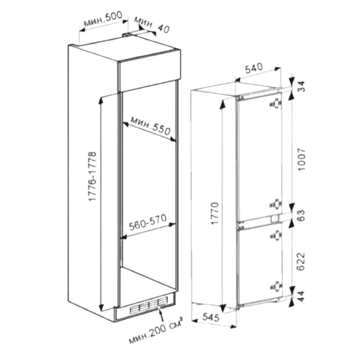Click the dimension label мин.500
tap(104, 19)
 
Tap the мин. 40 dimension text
tap(152, 24)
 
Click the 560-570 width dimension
tap(148, 222)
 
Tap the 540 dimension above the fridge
tap(253, 68)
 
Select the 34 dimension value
tap(302, 86)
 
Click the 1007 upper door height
tap(302, 160)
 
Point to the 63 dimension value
tap(302, 215)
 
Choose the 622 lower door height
tap(301, 261)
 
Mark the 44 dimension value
tap(302, 296)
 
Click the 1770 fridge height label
tap(215, 213)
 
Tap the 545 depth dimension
tap(211, 317)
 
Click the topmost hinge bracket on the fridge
tap(276, 104)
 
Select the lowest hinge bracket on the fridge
tap(276, 287)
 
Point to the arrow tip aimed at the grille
tap(158, 307)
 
